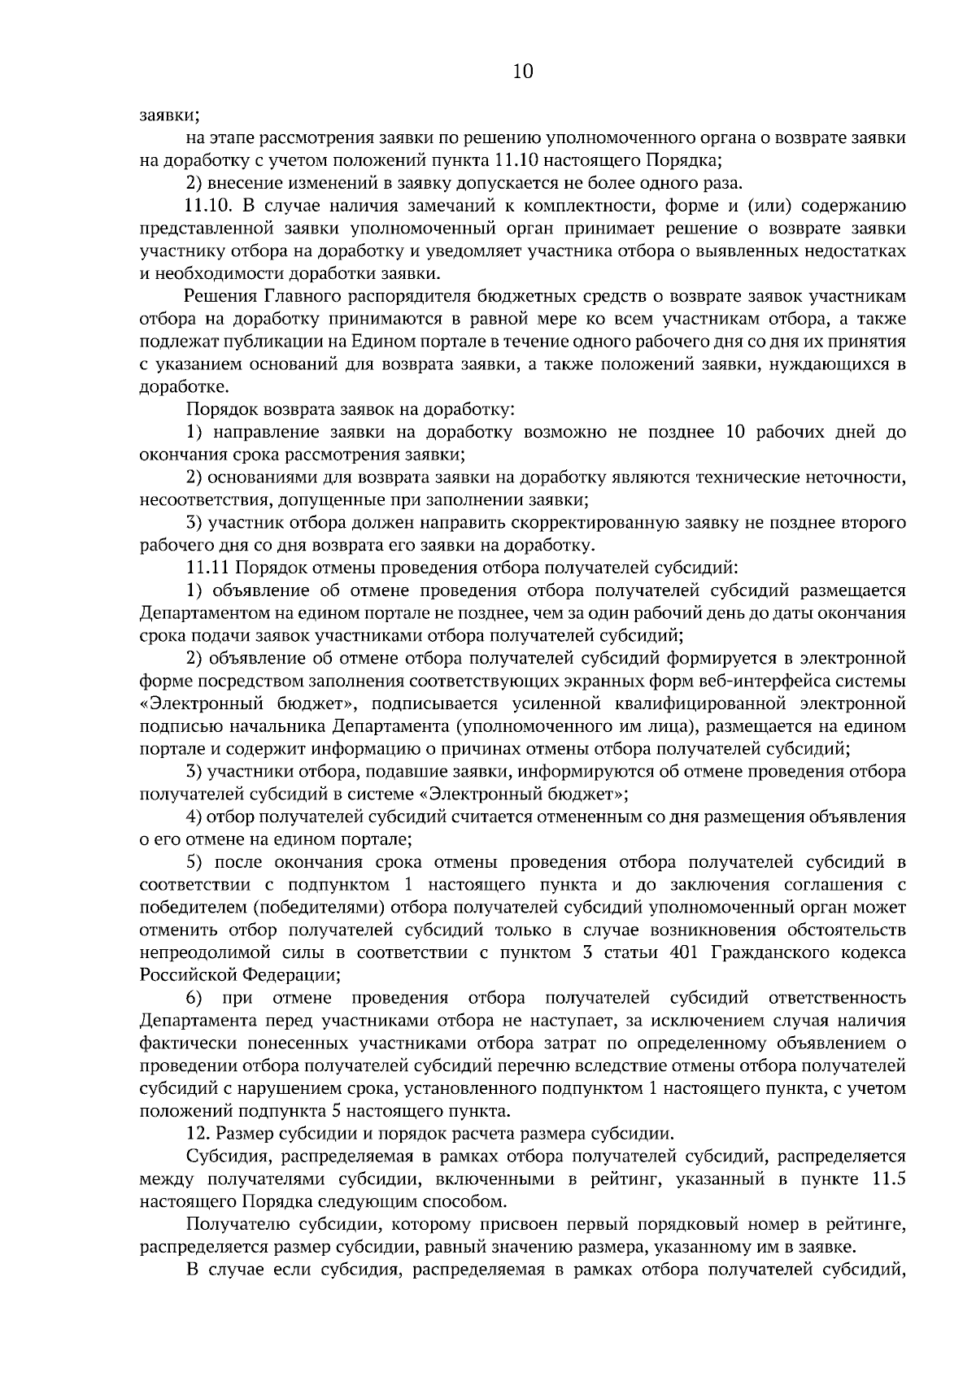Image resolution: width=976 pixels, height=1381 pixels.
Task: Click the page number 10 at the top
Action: point(523,72)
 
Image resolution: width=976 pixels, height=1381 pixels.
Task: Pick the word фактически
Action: point(182,1042)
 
